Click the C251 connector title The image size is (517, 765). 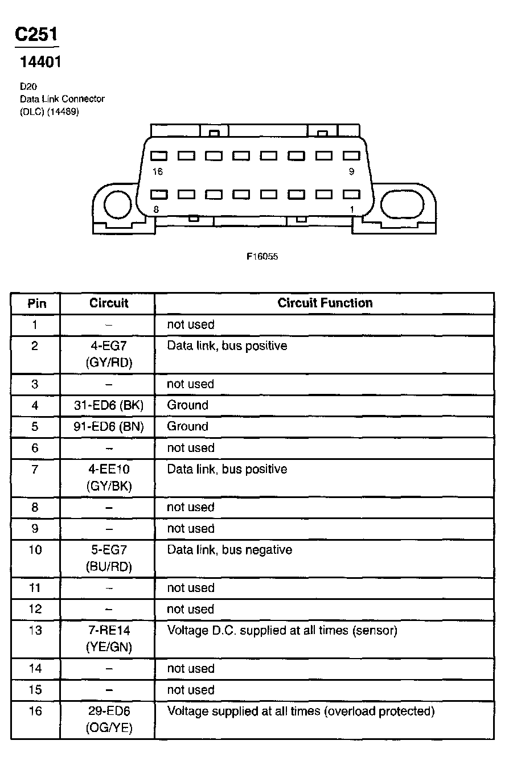[x=36, y=35]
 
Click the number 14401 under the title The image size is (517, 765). [x=40, y=62]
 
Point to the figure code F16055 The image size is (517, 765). [x=262, y=257]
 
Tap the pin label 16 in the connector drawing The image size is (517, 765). [x=158, y=172]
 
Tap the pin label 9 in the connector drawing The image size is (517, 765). [x=351, y=172]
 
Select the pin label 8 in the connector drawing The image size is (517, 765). [x=156, y=209]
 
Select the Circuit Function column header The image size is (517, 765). [x=325, y=303]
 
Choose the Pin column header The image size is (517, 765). [x=37, y=303]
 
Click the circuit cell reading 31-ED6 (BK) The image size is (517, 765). [x=108, y=405]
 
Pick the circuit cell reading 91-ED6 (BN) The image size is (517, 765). [x=108, y=426]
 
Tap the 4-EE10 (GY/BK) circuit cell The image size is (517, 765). [x=109, y=478]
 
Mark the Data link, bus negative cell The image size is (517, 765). [x=229, y=550]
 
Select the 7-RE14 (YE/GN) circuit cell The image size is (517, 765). [x=109, y=639]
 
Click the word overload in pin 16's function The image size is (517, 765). [x=347, y=711]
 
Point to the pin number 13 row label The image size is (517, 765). [x=35, y=631]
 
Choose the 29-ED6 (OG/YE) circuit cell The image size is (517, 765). [x=109, y=719]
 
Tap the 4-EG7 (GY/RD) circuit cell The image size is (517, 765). [x=109, y=354]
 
